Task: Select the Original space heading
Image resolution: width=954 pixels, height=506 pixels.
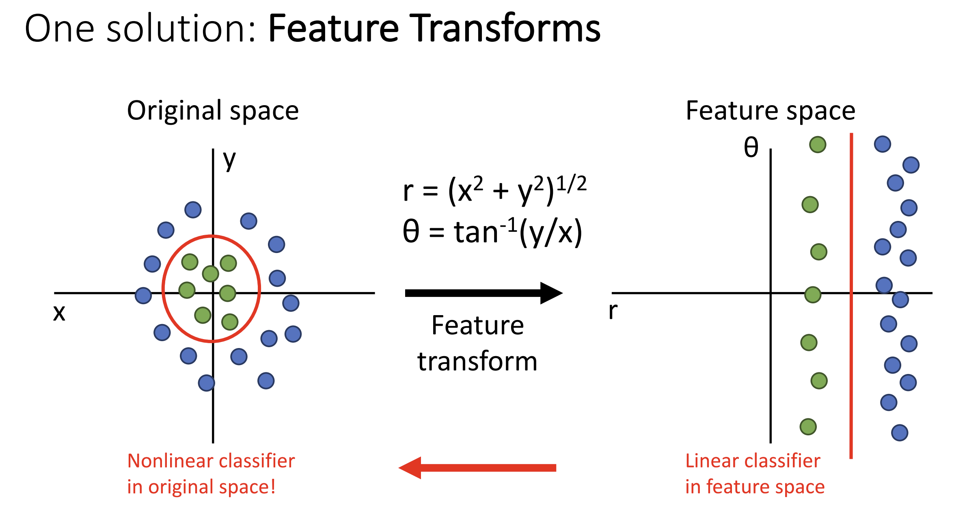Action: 213,110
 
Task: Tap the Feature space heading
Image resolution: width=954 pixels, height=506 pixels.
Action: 771,110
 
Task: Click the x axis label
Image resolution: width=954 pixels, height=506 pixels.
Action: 59,313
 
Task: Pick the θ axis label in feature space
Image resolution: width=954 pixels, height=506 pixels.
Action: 751,147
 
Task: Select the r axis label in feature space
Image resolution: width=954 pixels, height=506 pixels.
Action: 613,311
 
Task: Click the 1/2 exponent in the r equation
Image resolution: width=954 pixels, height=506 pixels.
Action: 571,184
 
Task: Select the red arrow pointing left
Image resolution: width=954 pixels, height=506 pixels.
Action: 477,468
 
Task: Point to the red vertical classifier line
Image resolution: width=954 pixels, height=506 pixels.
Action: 851,296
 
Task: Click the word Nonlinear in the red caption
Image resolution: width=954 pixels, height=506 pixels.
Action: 170,461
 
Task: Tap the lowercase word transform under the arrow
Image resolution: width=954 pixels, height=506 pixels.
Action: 477,361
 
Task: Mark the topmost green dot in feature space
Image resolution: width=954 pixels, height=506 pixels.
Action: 818,144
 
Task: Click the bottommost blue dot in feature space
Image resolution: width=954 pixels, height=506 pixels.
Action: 900,433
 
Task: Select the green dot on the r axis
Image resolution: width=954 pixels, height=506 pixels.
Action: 813,295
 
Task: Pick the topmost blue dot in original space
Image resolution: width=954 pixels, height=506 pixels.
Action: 193,210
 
